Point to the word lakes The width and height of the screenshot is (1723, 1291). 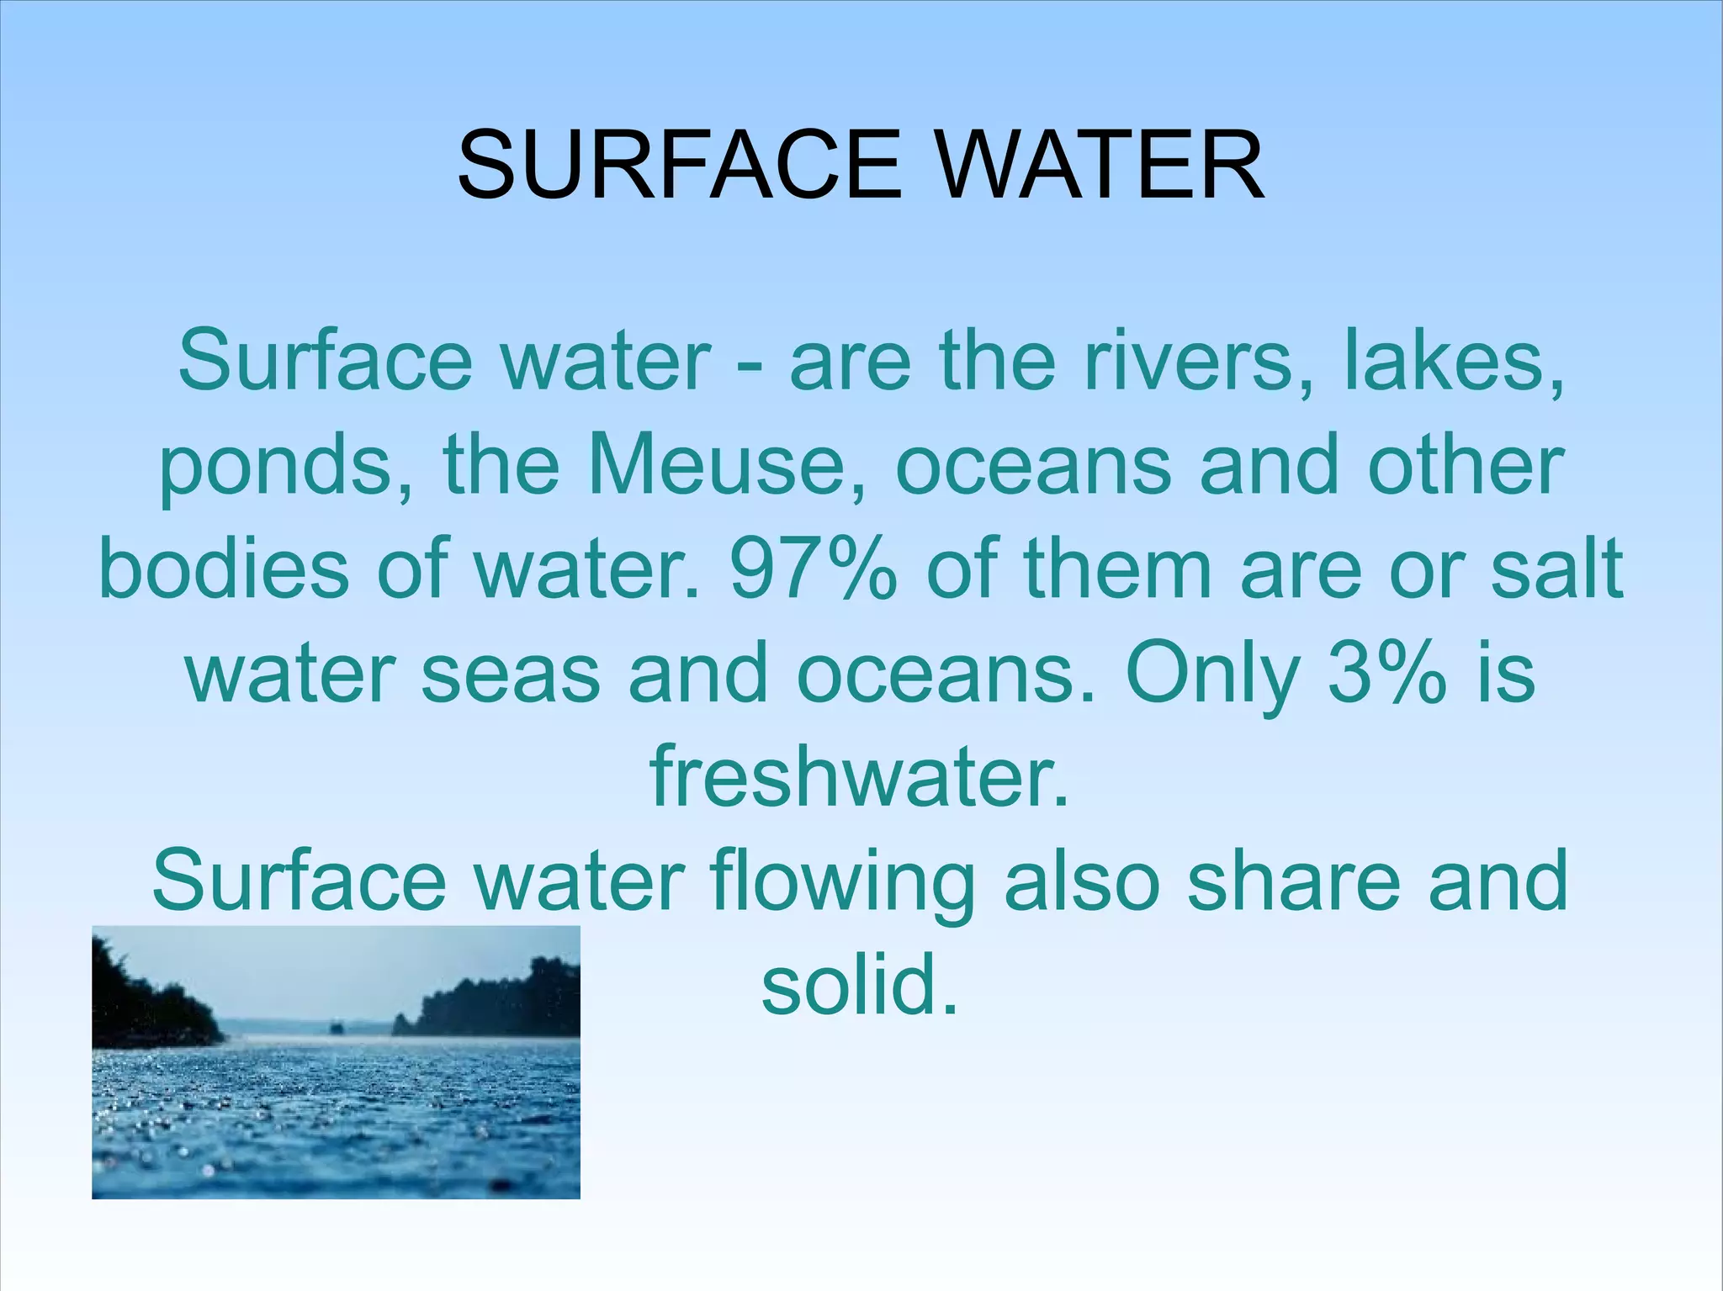pyautogui.click(x=1455, y=362)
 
